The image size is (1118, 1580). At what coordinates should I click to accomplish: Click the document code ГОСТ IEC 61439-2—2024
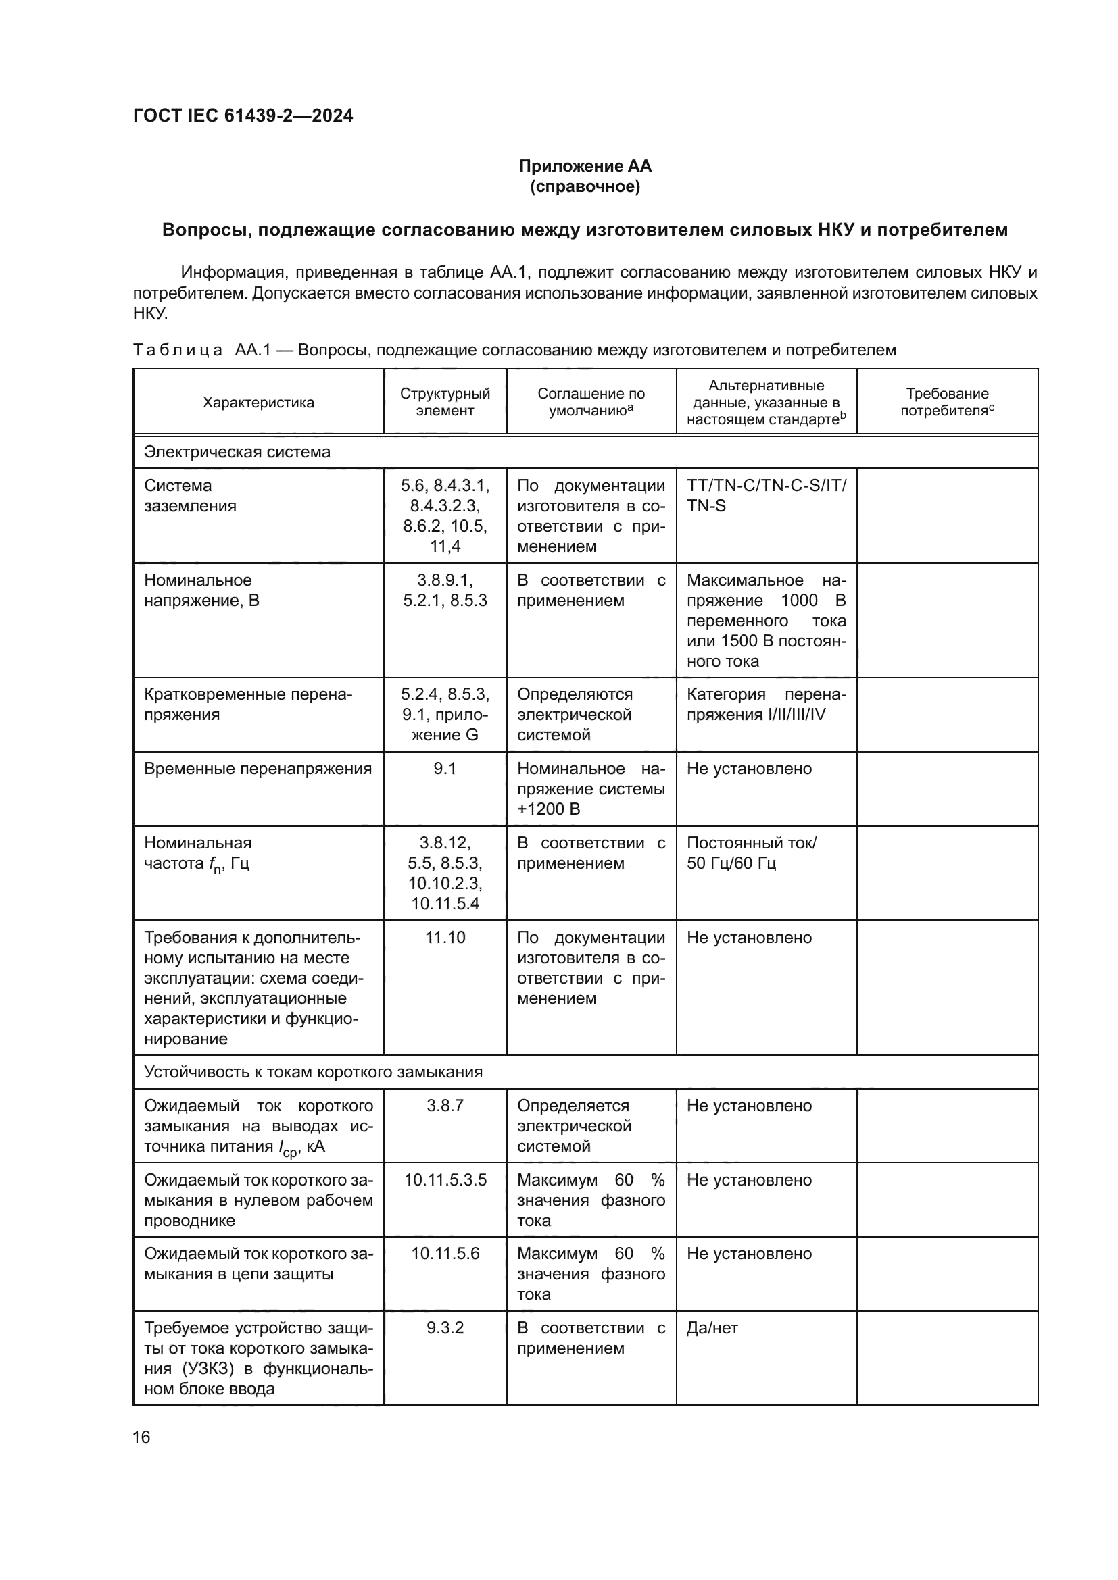pyautogui.click(x=243, y=116)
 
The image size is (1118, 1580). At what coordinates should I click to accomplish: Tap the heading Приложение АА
pyautogui.click(x=585, y=166)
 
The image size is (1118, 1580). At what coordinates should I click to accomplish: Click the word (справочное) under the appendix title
pyautogui.click(x=585, y=186)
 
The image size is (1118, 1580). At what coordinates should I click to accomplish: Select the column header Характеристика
pyautogui.click(x=258, y=403)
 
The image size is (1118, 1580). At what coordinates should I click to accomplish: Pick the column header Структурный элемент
pyautogui.click(x=445, y=402)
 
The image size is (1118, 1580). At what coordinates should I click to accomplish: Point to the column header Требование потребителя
pyautogui.click(x=946, y=402)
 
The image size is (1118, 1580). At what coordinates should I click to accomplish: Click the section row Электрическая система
pyautogui.click(x=237, y=452)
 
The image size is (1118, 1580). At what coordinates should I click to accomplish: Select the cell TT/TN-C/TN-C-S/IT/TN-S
pyautogui.click(x=767, y=495)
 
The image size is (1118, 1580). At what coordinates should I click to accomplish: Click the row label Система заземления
pyautogui.click(x=190, y=495)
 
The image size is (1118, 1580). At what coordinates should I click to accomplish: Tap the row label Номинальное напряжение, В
pyautogui.click(x=201, y=590)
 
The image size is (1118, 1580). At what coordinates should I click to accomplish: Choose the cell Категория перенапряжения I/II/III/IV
pyautogui.click(x=767, y=705)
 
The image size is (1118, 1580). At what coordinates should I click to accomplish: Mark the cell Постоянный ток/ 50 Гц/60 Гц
pyautogui.click(x=751, y=853)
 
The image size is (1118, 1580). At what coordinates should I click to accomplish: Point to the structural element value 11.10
pyautogui.click(x=445, y=938)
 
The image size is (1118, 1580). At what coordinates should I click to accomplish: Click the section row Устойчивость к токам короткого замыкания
pyautogui.click(x=313, y=1073)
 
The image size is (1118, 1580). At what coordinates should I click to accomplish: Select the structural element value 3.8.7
pyautogui.click(x=445, y=1106)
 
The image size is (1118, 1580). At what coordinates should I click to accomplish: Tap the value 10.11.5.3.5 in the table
pyautogui.click(x=445, y=1180)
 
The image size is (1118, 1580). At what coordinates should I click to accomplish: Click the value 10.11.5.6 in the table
pyautogui.click(x=445, y=1254)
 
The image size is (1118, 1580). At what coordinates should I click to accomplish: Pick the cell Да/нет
pyautogui.click(x=712, y=1328)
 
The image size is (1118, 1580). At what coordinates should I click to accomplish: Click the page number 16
pyautogui.click(x=141, y=1437)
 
